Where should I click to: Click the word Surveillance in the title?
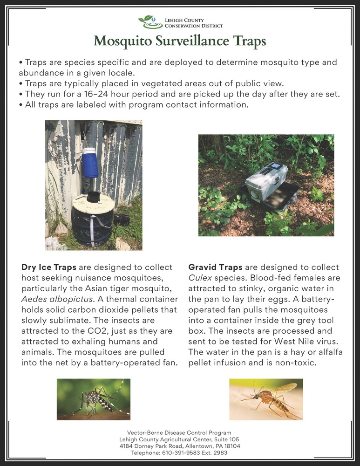click(x=182, y=41)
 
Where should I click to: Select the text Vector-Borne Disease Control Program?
click(x=179, y=433)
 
